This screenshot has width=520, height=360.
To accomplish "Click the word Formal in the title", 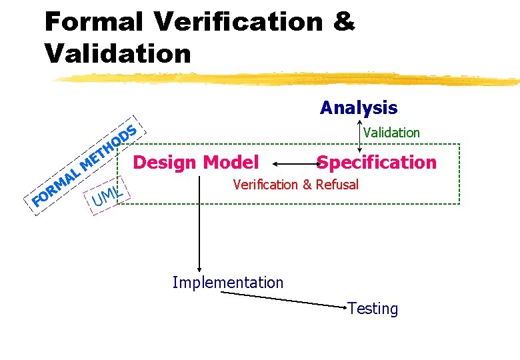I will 94,21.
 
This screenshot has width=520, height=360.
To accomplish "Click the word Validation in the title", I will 117,53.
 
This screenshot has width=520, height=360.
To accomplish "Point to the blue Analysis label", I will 358,107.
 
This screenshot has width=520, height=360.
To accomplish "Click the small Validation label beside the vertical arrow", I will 391,132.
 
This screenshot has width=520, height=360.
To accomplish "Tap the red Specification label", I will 377,162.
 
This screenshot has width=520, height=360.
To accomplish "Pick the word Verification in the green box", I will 265,185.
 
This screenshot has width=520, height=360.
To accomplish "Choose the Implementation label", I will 227,283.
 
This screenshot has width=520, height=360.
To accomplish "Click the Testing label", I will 373,309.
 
